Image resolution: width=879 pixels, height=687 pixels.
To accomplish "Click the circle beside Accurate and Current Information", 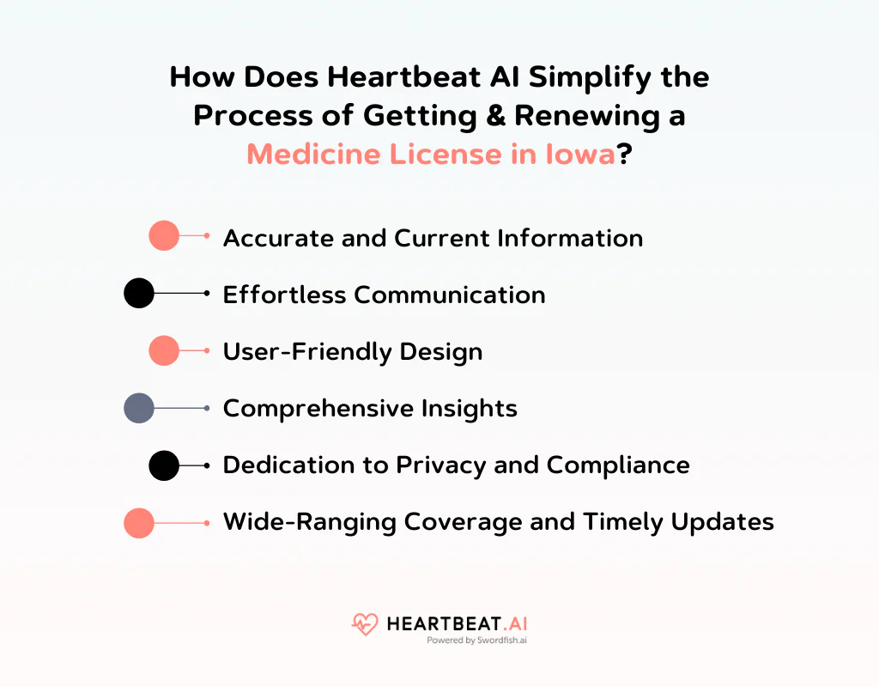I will [164, 235].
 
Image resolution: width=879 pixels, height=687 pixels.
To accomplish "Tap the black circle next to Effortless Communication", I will [139, 293].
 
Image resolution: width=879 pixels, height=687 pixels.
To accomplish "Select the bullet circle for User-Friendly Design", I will [164, 350].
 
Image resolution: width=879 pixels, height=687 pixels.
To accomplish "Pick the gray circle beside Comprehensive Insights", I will [139, 408].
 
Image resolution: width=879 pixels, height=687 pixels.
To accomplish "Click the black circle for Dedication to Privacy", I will [164, 465].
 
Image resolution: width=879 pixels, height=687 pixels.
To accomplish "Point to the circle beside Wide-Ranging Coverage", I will [139, 523].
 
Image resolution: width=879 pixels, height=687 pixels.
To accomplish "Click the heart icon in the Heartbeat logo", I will [365, 624].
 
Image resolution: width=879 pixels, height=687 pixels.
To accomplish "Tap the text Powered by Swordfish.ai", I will [476, 641].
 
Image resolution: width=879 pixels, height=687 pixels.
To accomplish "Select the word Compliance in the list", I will [618, 465].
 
